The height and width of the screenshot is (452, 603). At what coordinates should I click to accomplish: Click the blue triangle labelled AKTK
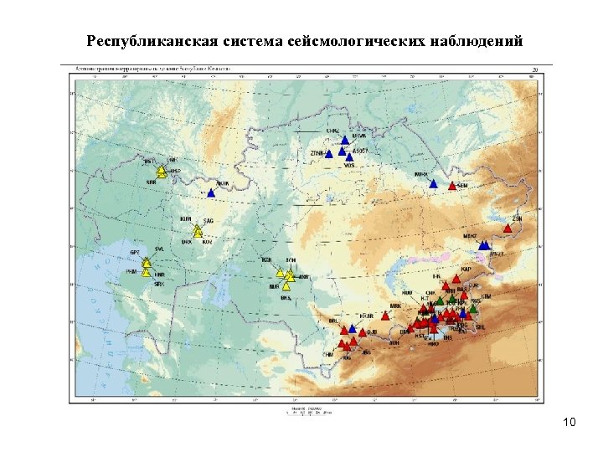[x=211, y=193]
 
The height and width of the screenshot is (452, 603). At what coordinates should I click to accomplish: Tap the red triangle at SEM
[x=452, y=186]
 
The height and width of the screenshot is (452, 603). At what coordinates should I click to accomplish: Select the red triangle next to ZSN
[x=508, y=228]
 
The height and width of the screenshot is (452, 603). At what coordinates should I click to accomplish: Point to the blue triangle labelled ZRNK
[x=329, y=153]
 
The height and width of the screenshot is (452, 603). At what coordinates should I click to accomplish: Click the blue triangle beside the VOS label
[x=349, y=157]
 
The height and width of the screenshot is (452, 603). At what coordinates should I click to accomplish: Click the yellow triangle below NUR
[x=286, y=286]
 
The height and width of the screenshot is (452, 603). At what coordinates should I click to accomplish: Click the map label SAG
[x=209, y=220]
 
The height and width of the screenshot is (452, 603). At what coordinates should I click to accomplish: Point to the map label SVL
[x=160, y=249]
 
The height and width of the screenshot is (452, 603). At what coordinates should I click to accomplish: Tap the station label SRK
[x=159, y=285]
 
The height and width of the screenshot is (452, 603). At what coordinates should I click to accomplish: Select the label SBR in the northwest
[x=151, y=181]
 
